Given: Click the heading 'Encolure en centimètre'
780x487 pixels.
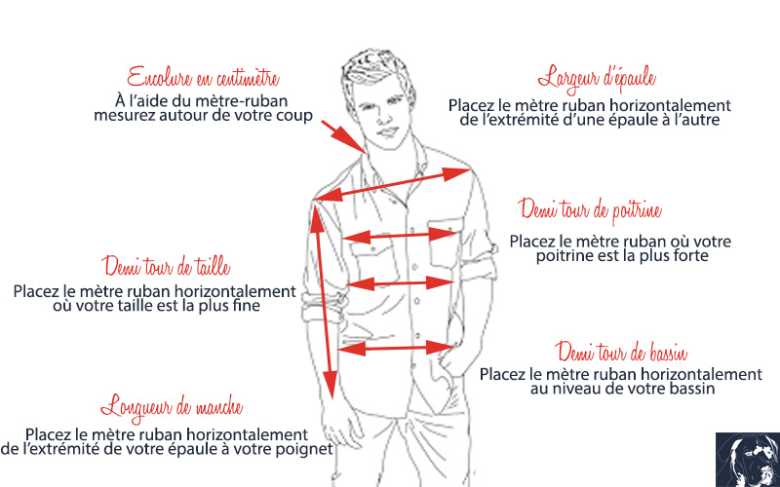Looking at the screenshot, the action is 203,78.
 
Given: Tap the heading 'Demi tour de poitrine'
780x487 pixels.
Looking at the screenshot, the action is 590,210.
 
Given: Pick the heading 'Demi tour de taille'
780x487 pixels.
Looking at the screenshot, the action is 167,266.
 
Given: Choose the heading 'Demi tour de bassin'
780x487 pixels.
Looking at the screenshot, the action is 622,353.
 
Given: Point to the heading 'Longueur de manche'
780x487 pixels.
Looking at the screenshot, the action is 172,406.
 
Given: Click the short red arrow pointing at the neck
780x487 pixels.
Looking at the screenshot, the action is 343,136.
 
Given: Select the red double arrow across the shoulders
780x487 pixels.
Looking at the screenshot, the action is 392,184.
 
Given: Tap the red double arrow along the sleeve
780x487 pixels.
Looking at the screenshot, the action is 324,302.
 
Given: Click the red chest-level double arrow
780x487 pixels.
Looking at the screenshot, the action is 400,236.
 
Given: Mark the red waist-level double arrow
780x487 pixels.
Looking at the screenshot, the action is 401,283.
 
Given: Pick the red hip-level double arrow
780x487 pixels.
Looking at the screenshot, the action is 396,348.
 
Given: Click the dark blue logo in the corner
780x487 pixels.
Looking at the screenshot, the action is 748,460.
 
